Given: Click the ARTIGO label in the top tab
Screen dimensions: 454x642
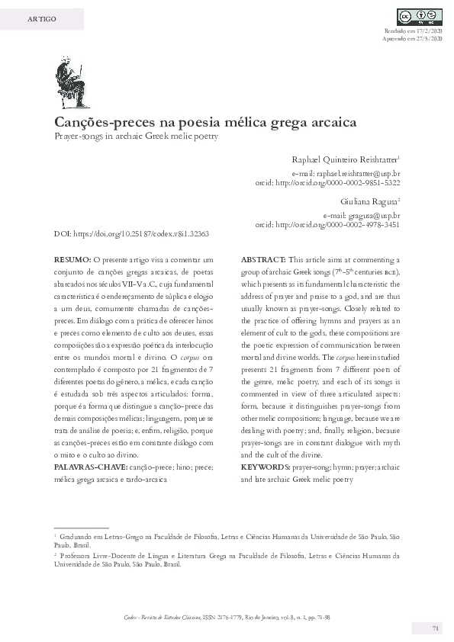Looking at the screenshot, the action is point(41,18).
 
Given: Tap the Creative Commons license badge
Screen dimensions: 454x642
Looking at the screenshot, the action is point(419,17).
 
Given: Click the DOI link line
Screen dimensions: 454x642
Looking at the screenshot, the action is point(131,234).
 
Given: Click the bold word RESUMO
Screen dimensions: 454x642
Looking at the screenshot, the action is point(72,260).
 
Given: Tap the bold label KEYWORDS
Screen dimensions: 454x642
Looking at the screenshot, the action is point(265,467).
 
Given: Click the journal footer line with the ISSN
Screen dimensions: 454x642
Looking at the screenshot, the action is point(227,616).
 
